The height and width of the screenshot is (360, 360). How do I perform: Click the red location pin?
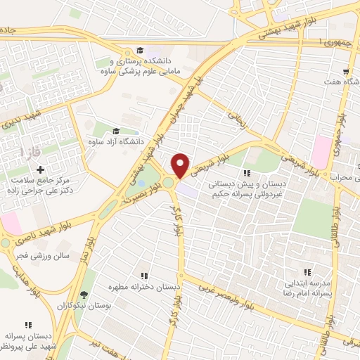coord(181,165)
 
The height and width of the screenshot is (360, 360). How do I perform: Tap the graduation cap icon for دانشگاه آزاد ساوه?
coord(116,131)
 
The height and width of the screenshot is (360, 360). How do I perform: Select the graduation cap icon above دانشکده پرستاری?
coord(140,51)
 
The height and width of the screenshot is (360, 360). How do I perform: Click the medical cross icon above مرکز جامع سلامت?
coord(40,169)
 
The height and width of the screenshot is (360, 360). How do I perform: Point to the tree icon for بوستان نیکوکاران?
coord(84,295)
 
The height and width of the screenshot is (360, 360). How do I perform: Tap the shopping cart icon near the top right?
coord(346,72)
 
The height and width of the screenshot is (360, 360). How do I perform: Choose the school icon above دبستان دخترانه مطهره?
coord(144,276)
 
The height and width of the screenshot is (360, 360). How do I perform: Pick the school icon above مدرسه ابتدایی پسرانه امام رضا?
coord(306,272)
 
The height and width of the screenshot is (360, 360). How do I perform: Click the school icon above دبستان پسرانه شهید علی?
coord(28,324)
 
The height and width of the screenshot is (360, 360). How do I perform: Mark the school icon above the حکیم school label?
coord(246,173)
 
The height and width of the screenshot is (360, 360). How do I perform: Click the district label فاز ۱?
coord(32,151)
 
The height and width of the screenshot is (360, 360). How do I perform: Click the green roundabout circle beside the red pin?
coord(169,184)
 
